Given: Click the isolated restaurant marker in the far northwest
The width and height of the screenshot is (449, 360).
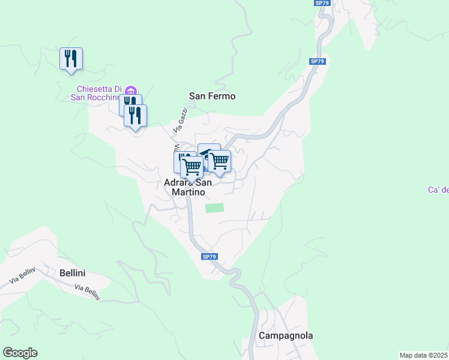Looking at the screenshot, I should coord(71,59).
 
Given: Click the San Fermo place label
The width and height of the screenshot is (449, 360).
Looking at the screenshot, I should coord(212,96).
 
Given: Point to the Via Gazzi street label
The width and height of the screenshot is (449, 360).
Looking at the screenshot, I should coord(181,121).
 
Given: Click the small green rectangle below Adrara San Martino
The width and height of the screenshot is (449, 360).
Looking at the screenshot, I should coord(214,208).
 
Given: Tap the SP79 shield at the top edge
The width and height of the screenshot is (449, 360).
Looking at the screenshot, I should coord(322,3).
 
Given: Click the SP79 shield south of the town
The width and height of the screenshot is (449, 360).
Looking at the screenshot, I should coord(209,257).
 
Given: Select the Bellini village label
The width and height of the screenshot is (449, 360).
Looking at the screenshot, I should coord(73,273).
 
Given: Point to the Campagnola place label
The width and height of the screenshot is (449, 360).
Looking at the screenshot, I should coord(286,336).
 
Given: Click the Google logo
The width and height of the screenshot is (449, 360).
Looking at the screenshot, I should coord(20,353).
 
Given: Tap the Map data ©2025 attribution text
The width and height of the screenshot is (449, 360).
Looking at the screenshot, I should coord(423,355).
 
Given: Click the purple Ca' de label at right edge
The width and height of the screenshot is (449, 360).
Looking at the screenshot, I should coord(438,190).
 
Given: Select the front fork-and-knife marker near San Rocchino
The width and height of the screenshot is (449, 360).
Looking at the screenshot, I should coord(136,116).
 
